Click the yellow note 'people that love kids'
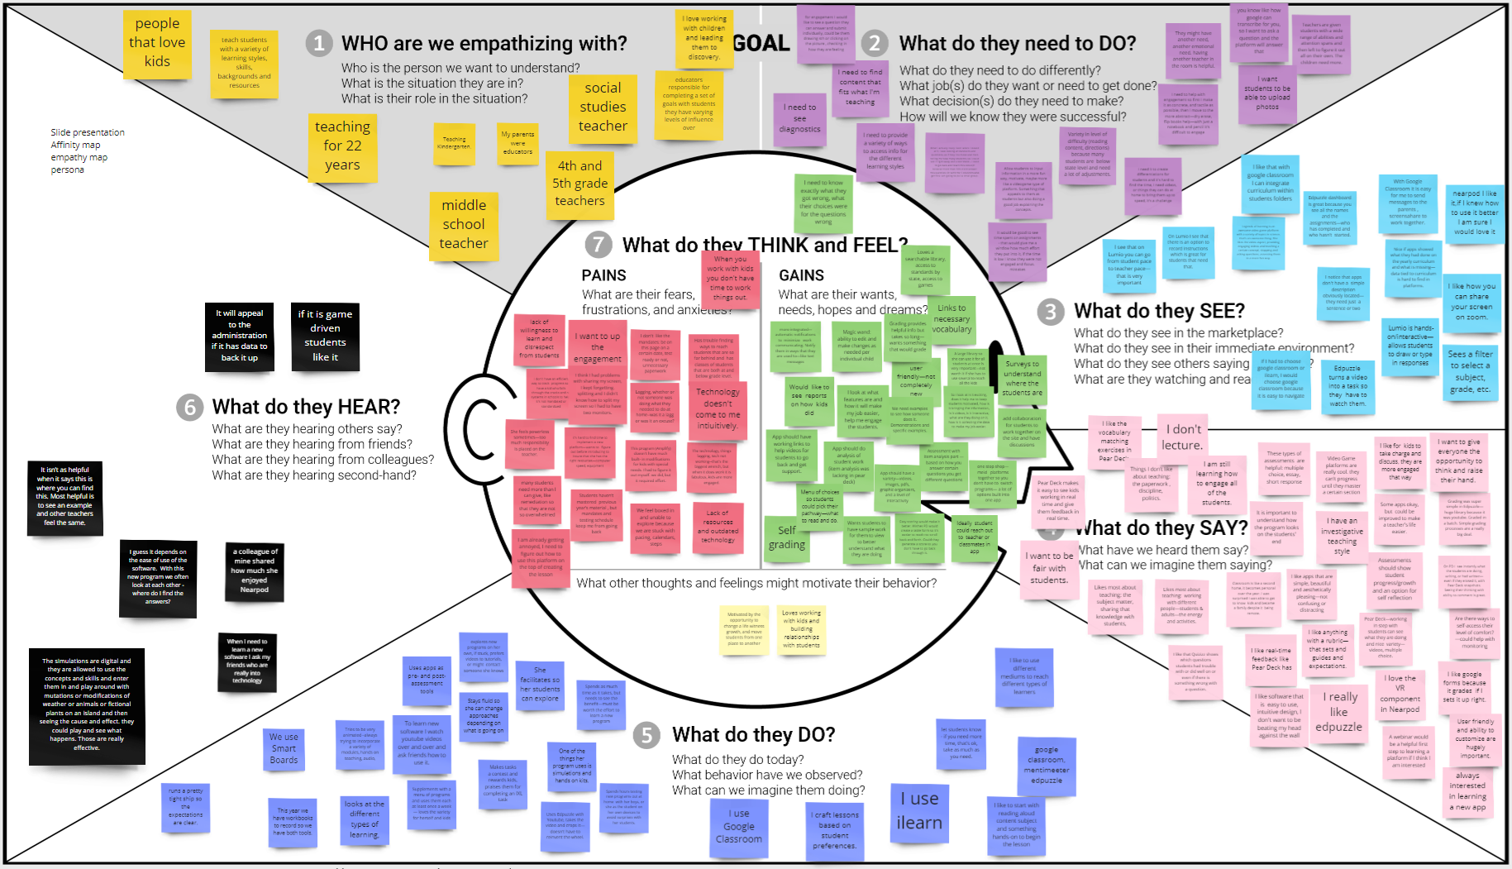point(157,42)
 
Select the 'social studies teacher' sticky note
point(603,107)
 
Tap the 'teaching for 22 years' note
point(342,146)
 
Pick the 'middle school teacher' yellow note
point(464,224)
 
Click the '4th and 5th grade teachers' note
point(580,184)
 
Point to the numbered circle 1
point(319,44)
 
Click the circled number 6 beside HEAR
point(190,407)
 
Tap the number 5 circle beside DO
point(647,735)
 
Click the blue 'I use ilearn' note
point(919,811)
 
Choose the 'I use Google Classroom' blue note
point(739,826)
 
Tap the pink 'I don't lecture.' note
point(1182,437)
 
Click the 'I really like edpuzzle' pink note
point(1338,712)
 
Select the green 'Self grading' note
point(786,537)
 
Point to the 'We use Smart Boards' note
point(284,748)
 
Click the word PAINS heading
point(603,275)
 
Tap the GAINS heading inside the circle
point(801,275)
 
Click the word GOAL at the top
point(761,44)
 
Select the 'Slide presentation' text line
point(88,132)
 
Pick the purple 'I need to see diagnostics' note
point(799,117)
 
